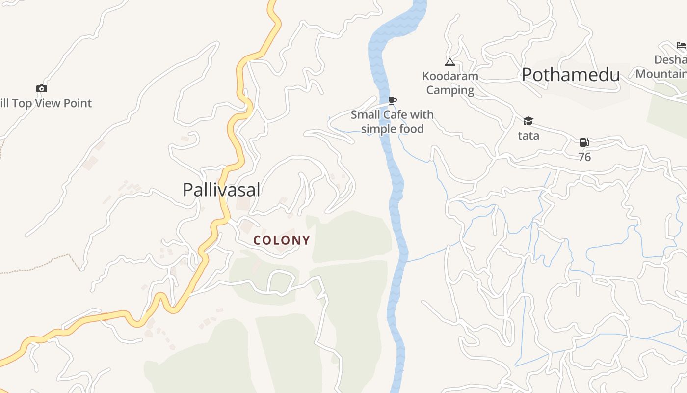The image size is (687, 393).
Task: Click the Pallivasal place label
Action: (x=221, y=190)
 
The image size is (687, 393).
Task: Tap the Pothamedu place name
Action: (x=571, y=75)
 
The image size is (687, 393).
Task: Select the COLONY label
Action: (x=282, y=240)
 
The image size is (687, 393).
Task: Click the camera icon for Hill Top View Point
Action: (x=42, y=88)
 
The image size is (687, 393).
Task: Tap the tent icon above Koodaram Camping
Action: (x=449, y=62)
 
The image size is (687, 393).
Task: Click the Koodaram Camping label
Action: (x=450, y=83)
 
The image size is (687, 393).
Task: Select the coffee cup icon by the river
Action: (x=392, y=101)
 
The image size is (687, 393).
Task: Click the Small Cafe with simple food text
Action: (x=392, y=122)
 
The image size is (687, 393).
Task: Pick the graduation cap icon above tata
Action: (x=528, y=121)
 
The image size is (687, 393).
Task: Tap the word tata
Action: (x=528, y=136)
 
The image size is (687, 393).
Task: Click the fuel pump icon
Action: (x=584, y=142)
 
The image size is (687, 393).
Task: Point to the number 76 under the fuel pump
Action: (x=584, y=157)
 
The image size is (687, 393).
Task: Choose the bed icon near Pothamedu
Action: (x=681, y=45)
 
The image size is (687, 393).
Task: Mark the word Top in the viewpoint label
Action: (x=22, y=103)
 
